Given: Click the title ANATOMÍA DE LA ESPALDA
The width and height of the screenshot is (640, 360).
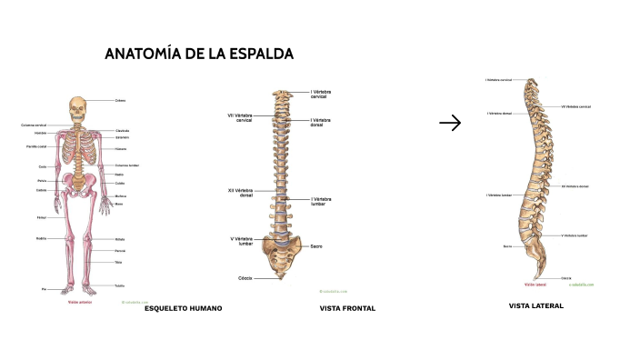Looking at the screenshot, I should click(199, 55).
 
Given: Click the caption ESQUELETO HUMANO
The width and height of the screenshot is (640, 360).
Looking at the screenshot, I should click(183, 308).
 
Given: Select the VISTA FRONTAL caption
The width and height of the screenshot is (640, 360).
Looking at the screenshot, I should click(347, 308).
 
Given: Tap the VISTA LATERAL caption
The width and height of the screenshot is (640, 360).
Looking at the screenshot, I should click(536, 306).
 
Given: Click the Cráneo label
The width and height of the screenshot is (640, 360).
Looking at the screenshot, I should click(121, 100).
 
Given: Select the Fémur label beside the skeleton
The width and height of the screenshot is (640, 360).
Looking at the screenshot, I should click(41, 218).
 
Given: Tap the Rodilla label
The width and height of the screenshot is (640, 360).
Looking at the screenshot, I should click(41, 238).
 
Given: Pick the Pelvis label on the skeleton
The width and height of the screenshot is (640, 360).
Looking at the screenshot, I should click(42, 181).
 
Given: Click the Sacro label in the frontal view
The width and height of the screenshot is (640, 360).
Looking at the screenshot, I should click(316, 246).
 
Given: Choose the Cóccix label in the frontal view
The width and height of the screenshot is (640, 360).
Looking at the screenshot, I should click(245, 277).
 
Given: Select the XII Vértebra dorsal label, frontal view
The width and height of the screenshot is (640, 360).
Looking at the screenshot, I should click(241, 193).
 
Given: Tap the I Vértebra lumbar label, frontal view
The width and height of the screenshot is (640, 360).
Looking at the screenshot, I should click(322, 201).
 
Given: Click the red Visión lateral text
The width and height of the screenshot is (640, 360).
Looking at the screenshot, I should click(535, 285).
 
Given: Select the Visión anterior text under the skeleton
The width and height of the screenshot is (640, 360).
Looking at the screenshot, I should click(80, 302).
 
